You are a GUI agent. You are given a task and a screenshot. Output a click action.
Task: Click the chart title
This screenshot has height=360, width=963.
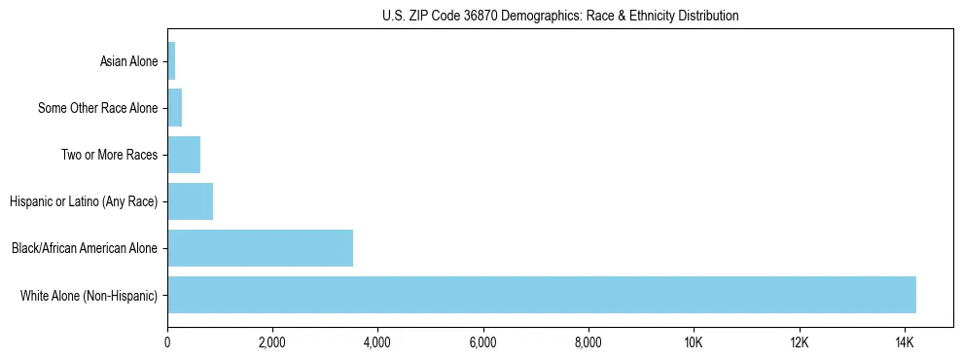coord(559,17)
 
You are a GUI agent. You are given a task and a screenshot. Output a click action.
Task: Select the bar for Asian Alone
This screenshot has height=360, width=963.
coord(171,61)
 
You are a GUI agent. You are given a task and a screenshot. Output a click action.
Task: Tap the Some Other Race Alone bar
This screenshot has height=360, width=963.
coord(175,108)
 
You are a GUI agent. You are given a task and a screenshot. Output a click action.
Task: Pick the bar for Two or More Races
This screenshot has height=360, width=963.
coord(184,155)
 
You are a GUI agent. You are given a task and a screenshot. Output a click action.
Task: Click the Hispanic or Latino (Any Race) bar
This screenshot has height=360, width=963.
coord(190,201)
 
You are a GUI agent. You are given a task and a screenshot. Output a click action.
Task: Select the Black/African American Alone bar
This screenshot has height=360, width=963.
coord(260,248)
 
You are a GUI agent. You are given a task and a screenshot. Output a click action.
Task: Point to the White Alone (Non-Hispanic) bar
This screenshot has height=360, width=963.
coord(541,295)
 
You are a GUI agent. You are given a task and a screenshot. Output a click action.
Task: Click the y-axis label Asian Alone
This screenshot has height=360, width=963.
coord(128,62)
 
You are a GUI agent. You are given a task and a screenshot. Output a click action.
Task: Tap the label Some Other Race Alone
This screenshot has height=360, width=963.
coord(97,109)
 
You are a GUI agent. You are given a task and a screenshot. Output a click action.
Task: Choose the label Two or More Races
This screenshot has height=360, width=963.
coord(109,156)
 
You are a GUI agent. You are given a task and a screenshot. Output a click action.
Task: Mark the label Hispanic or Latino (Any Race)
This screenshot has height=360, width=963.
coord(84,202)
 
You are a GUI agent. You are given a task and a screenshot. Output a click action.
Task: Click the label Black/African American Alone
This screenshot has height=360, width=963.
coord(84,249)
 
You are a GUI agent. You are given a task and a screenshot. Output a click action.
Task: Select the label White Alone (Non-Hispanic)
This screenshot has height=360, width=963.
coord(89,296)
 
